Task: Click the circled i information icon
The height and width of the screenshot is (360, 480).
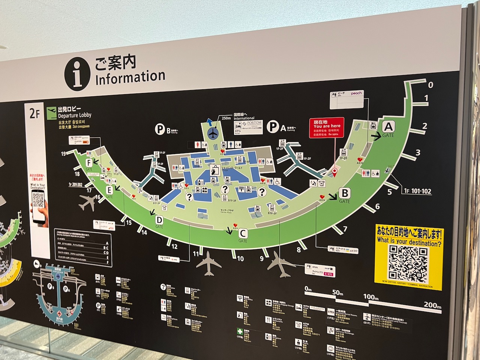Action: click(x=78, y=73)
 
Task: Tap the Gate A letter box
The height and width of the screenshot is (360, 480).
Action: click(x=388, y=127)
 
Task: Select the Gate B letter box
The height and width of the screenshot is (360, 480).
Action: click(x=344, y=193)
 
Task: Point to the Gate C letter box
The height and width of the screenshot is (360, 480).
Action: click(x=243, y=233)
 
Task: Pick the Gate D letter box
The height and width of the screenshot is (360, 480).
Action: click(x=159, y=219)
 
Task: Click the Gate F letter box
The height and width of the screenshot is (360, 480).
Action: click(x=89, y=162)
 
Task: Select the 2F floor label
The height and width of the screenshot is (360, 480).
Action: click(x=34, y=114)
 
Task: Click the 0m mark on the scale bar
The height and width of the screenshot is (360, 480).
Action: click(x=308, y=289)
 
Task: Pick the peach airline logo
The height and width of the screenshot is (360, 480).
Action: click(x=356, y=93)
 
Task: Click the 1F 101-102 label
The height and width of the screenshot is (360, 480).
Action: click(x=417, y=191)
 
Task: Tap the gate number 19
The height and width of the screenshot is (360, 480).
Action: click(x=64, y=153)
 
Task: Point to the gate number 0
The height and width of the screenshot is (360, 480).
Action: click(x=430, y=85)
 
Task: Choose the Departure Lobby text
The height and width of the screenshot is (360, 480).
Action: click(x=75, y=115)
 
